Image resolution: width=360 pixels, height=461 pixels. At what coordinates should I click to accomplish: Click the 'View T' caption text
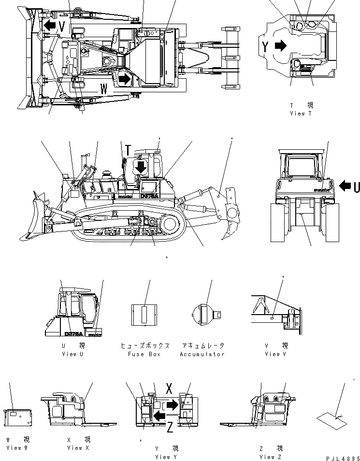coord(301,114)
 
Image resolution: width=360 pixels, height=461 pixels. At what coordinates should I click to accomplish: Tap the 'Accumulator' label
coord(202,354)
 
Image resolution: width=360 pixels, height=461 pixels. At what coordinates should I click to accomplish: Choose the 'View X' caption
coord(78,448)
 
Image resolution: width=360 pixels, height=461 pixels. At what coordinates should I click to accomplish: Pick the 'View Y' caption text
coord(167,457)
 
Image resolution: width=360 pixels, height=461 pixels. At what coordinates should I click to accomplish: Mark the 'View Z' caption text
coord(271,457)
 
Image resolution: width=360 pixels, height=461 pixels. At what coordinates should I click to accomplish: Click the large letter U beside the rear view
coord(357,186)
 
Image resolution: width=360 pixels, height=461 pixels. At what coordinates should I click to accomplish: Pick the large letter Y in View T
coord(265,46)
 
